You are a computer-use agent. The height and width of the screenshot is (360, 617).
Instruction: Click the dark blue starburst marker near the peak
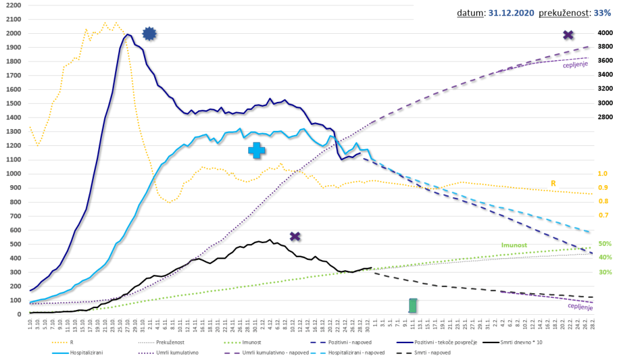pos(149,34)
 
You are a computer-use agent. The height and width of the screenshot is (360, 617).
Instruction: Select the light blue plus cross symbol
pos(256,151)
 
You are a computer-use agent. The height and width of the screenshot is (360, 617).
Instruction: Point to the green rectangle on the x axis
pos(413,306)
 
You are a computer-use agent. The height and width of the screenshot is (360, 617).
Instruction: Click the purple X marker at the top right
pos(568,35)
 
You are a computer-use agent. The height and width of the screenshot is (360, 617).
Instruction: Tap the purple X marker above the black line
pos(295,236)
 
